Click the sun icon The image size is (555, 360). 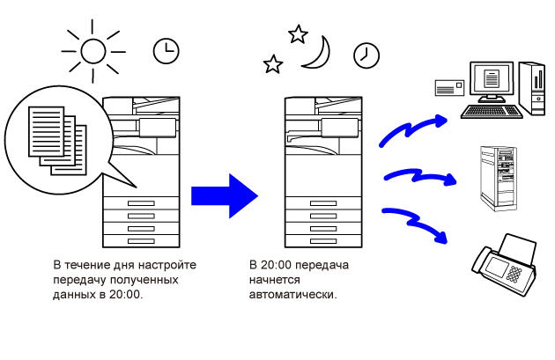pos(93,51)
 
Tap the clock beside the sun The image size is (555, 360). pos(165,51)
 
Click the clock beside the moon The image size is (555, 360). pos(366,55)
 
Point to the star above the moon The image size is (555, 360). pos(298,34)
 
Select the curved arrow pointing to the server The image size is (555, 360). pos(418,174)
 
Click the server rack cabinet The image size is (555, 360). pos(496,177)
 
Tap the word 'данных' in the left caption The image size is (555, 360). pos(73,295)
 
